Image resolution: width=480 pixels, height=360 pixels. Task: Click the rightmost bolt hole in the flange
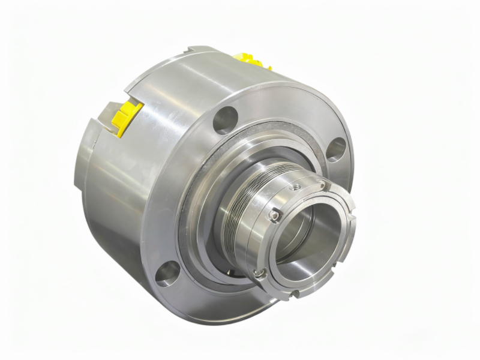coord(337,149)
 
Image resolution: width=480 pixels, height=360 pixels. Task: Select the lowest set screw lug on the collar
coord(259,273)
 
